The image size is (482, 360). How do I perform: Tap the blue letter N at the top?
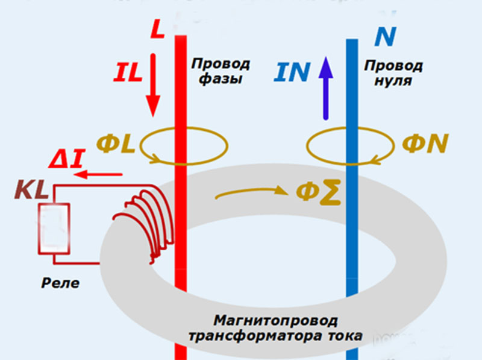coord(384,37)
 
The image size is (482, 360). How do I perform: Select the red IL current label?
coord(127,73)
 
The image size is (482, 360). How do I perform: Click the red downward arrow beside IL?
coord(153,84)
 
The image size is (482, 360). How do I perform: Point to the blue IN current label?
coord(292,72)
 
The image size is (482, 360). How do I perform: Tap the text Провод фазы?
coord(221,71)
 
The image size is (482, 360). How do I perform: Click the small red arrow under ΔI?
coord(101,175)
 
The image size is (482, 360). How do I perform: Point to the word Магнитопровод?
coord(275,320)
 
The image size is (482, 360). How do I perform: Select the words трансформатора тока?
coord(275,336)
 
